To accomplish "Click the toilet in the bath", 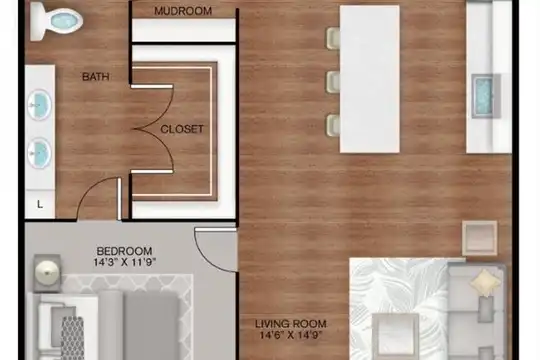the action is (x=56, y=21).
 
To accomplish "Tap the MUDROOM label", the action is (x=183, y=11).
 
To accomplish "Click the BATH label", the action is (x=96, y=76).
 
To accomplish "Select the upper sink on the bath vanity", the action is (x=39, y=105).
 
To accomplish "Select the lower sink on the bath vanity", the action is (x=39, y=153).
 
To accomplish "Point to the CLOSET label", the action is (x=182, y=129).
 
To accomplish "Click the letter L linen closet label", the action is (x=40, y=204).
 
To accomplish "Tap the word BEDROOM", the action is (x=124, y=250).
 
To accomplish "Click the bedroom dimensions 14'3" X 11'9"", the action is (x=125, y=263).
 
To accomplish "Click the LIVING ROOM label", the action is (x=291, y=324).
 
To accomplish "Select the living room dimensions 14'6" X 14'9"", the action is (x=291, y=335).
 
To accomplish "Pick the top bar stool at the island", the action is (x=333, y=39).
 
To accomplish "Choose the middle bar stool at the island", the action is (x=333, y=82).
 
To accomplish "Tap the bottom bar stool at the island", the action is (x=333, y=125).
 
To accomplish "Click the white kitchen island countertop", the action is (x=370, y=79).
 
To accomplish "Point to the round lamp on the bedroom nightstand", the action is (x=47, y=271).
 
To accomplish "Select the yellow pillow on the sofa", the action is (x=485, y=282).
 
